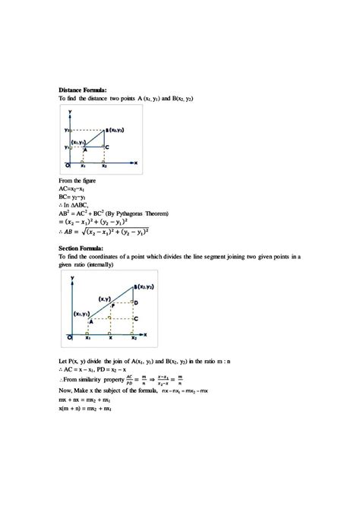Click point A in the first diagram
tap(84, 150)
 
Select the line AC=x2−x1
tap(75, 189)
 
